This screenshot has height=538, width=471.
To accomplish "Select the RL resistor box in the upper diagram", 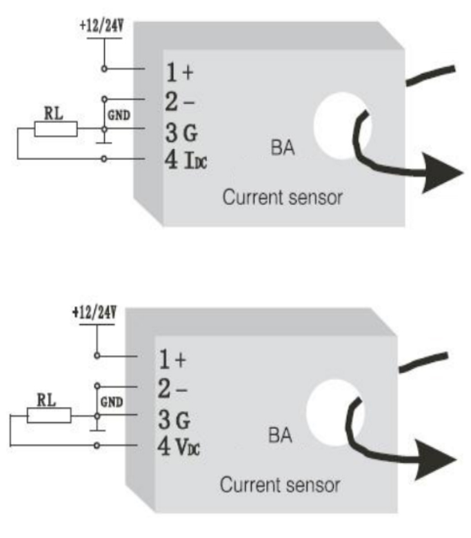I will click(55, 128).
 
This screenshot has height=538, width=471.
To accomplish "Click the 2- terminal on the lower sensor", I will click(171, 388).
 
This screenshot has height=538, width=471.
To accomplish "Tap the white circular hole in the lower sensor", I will click(330, 411).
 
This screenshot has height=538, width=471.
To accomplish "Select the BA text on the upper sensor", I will click(283, 148).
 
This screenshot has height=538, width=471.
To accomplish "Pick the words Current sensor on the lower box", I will click(280, 485).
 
